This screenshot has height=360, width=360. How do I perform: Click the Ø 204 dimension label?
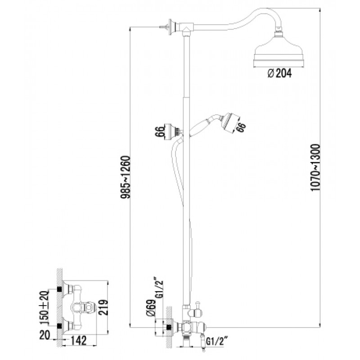[279, 73]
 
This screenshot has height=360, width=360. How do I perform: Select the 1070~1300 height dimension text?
[315, 167]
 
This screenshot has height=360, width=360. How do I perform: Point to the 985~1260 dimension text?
[126, 177]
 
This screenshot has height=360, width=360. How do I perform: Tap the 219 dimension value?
[103, 307]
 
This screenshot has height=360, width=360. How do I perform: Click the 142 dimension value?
[79, 341]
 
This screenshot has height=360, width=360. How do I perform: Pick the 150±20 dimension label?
[44, 308]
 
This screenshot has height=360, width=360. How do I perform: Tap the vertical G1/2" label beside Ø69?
[159, 289]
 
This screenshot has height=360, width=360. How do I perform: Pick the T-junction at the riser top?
[186, 29]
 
